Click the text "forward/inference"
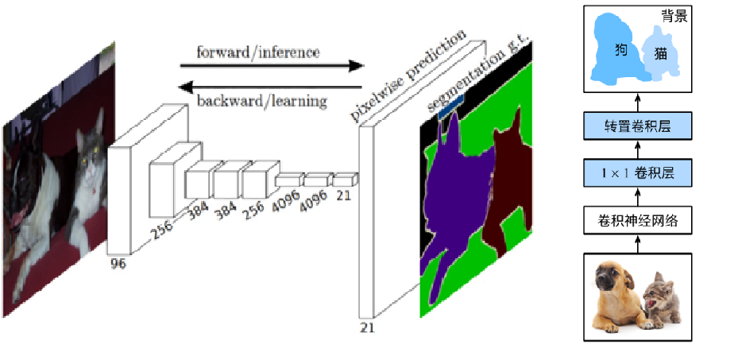258,52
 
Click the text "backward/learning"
261,101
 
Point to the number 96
117,265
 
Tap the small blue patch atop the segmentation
450,107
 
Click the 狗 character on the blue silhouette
621,49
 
